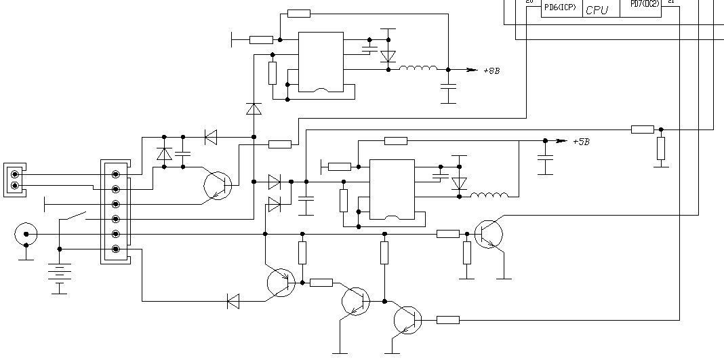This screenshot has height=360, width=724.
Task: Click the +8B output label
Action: click(x=491, y=71)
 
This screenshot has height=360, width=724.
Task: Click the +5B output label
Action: click(x=581, y=142)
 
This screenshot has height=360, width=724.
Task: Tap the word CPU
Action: click(x=597, y=10)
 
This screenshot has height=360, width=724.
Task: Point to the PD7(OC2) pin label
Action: click(x=644, y=4)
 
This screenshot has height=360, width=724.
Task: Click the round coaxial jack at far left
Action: click(x=26, y=235)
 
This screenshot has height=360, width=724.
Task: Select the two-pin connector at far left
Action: click(x=16, y=180)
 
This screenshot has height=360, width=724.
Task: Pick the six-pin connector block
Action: click(x=116, y=212)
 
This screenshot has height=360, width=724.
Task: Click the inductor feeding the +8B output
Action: click(x=418, y=68)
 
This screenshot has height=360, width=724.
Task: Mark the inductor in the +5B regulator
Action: click(x=489, y=197)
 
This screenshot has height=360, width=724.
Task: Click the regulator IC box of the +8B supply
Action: click(x=321, y=62)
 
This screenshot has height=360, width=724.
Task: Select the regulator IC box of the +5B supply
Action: click(x=391, y=189)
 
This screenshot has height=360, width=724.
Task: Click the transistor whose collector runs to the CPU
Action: click(x=489, y=234)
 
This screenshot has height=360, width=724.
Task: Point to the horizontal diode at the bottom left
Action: click(x=233, y=301)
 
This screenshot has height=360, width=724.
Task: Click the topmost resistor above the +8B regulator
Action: click(x=298, y=13)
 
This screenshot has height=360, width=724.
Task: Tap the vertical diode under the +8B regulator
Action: click(x=254, y=108)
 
